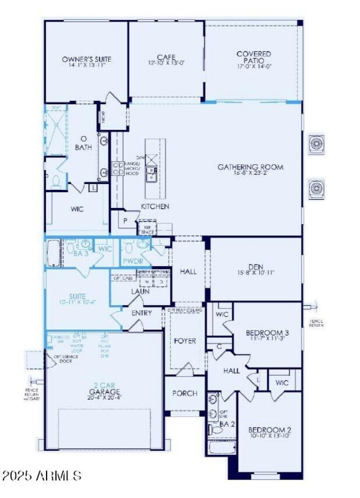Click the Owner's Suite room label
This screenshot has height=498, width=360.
coord(86,59)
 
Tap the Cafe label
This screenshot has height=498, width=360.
coord(162,57)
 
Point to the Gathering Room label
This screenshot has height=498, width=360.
coord(251,167)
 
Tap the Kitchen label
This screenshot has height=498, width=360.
coord(155,206)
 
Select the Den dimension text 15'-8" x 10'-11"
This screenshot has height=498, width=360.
coord(255,272)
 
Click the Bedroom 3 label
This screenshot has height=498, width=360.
coord(267,333)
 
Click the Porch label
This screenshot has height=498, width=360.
coord(184,393)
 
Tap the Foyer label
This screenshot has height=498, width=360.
coord(185,341)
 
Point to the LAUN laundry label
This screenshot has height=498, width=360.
coord(140,291)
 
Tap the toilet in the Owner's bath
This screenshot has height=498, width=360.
coord(56,181)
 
